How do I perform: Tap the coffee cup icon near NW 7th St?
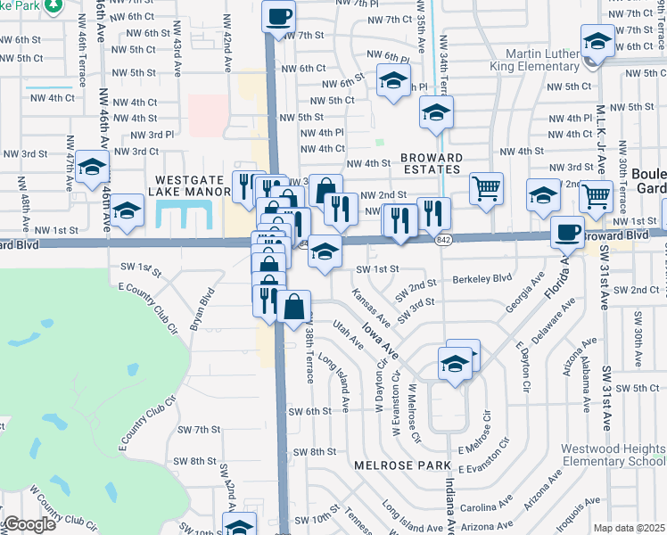pyautogui.click(x=279, y=15)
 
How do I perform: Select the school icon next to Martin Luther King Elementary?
pyautogui.click(x=597, y=39)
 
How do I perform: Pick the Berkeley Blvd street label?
pyautogui.click(x=482, y=278)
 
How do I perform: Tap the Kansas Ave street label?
pyautogui.click(x=370, y=306)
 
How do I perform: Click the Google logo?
pyautogui.click(x=29, y=524)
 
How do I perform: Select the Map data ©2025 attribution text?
pyautogui.click(x=630, y=528)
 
